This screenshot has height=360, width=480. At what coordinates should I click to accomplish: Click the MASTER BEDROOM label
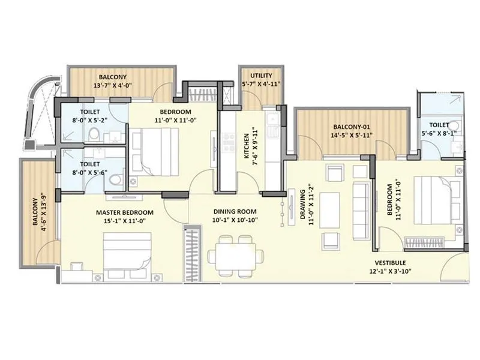(x=124, y=212)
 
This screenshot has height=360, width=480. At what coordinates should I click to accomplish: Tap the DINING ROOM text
(x=235, y=211)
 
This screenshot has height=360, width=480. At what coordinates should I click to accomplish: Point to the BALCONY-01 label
(x=352, y=127)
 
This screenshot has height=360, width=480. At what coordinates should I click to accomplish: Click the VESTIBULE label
(x=391, y=263)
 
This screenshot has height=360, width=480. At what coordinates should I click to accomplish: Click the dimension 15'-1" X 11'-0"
(x=124, y=221)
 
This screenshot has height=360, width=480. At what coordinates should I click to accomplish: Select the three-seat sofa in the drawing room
(x=361, y=200)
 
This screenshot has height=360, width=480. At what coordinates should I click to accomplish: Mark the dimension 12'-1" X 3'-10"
(x=391, y=271)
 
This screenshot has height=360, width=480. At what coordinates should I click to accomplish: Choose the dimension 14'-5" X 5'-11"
(x=352, y=136)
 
